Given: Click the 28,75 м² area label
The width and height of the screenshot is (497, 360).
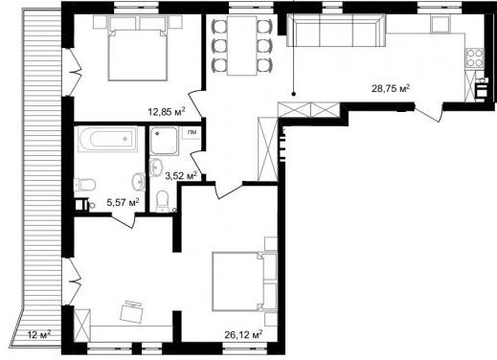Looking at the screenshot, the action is pyautogui.click(x=391, y=88).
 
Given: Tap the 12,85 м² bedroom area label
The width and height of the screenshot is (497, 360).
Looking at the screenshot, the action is pyautogui.click(x=167, y=111).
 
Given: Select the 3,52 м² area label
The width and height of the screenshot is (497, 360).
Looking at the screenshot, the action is pyautogui.click(x=181, y=175).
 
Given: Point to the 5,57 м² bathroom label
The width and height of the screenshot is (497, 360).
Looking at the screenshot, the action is pyautogui.click(x=124, y=202).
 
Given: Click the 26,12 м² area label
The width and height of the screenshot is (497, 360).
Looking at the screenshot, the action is pyautogui.click(x=243, y=334).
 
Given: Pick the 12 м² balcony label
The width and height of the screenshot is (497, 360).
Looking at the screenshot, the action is pyautogui.click(x=39, y=334).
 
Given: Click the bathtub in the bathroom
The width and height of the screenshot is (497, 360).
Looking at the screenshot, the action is pyautogui.click(x=107, y=139).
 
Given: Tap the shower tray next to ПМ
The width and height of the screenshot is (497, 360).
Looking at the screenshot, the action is pyautogui.click(x=164, y=141).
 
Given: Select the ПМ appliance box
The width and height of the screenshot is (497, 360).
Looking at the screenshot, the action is pyautogui.click(x=192, y=133).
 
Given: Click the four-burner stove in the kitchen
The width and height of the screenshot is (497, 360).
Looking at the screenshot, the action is pyautogui.click(x=475, y=58).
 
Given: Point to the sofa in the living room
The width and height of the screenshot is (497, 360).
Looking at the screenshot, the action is pyautogui.click(x=336, y=32).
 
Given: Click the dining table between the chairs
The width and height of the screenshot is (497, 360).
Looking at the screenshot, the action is pyautogui.click(x=242, y=46).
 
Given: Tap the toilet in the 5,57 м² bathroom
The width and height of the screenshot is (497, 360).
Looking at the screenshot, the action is pyautogui.click(x=84, y=185).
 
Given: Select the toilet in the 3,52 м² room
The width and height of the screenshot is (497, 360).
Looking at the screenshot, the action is pyautogui.click(x=163, y=201).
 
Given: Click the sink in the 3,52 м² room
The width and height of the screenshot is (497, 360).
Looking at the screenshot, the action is pyautogui.click(x=156, y=167).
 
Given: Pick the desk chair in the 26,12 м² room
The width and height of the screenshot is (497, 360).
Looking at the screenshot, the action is pyautogui.click(x=131, y=310).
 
